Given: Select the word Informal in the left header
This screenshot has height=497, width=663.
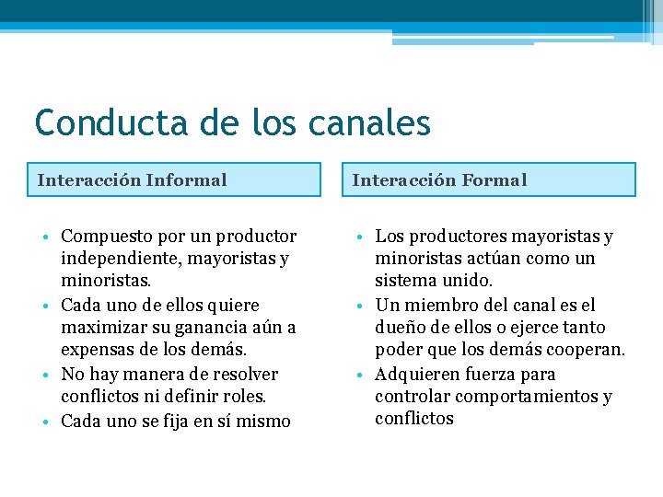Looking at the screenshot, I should point(186,180).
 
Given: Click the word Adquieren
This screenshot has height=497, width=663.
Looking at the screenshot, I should point(419,375).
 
